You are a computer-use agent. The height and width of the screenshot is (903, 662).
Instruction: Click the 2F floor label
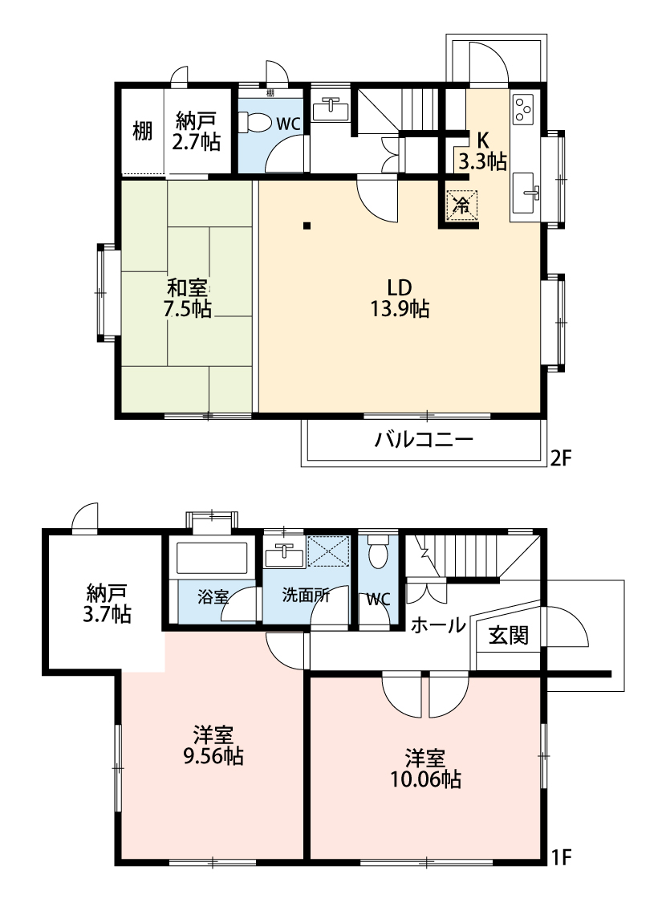tap(560, 458)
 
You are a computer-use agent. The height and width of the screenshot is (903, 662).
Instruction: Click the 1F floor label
tap(560, 858)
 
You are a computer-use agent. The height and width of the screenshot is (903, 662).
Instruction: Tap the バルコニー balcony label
tap(424, 440)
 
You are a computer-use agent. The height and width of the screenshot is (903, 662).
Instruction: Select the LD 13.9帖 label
tap(400, 299)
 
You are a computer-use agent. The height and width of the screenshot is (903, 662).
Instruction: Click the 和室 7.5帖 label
tap(188, 299)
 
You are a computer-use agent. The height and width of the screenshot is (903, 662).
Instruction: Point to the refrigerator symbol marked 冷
tap(461, 205)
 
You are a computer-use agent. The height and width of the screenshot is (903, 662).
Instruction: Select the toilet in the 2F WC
tap(254, 122)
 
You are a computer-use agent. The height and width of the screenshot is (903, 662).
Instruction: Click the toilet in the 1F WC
tap(378, 552)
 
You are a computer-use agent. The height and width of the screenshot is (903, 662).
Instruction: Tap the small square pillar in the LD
tap(307, 226)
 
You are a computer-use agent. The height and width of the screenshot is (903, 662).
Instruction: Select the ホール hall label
tap(439, 624)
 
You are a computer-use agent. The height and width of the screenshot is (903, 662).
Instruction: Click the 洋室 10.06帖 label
tap(424, 768)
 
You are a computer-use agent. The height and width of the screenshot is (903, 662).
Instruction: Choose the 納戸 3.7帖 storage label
tap(107, 604)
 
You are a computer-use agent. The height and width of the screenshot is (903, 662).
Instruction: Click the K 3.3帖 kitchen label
tap(482, 151)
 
